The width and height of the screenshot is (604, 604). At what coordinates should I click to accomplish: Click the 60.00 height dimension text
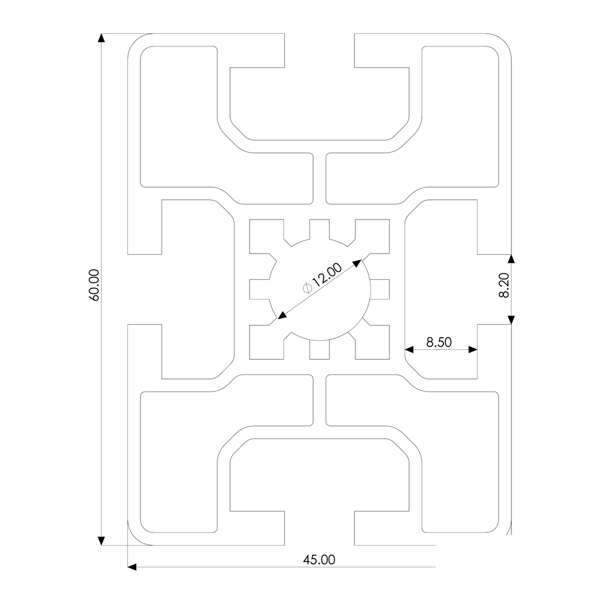click(x=94, y=285)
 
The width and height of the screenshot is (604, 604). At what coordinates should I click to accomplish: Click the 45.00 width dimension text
click(x=318, y=559)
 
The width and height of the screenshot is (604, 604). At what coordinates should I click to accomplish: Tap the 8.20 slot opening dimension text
click(x=504, y=285)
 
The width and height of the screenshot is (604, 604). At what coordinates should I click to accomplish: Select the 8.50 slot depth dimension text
click(x=438, y=342)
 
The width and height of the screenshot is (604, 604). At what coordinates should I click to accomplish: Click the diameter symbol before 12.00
click(x=308, y=287)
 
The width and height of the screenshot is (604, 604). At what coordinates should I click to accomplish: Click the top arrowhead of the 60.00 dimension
click(x=101, y=38)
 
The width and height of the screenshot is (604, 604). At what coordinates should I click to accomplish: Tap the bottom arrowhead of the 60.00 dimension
click(x=101, y=541)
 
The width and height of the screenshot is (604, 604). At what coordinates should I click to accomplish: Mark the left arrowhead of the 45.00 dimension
click(x=132, y=567)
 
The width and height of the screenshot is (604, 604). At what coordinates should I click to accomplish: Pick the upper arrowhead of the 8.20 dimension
click(x=511, y=259)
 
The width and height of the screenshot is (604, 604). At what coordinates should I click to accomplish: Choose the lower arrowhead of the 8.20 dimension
click(x=511, y=319)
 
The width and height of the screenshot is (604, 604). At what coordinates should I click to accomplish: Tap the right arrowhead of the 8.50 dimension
click(x=473, y=349)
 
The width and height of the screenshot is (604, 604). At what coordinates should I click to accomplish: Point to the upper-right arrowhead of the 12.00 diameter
click(x=357, y=262)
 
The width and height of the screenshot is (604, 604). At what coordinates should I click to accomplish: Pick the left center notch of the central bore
click(x=260, y=289)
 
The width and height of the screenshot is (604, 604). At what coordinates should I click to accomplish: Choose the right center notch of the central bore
click(x=381, y=289)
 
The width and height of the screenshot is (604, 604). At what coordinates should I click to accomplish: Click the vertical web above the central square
click(x=320, y=179)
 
